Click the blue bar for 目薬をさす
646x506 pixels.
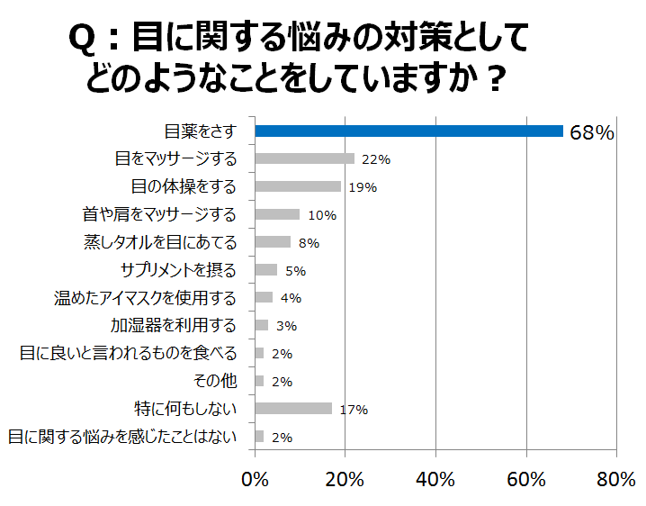pyautogui.click(x=409, y=131)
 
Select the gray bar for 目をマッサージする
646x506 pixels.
pyautogui.click(x=305, y=159)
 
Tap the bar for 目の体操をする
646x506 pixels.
pyautogui.click(x=298, y=187)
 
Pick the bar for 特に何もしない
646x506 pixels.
pyautogui.click(x=293, y=409)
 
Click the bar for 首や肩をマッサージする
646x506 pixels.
pyautogui.click(x=278, y=214)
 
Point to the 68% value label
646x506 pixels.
pyautogui.click(x=592, y=133)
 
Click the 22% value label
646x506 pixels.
pyautogui.click(x=375, y=160)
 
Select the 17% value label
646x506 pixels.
pyautogui.click(x=354, y=410)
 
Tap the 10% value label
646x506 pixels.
pyautogui.click(x=321, y=215)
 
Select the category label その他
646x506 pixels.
pyautogui.click(x=215, y=381)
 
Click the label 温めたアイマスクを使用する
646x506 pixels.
pyautogui.click(x=146, y=298)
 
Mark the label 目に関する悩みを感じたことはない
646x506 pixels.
pyautogui.click(x=122, y=437)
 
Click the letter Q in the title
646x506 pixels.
pyautogui.click(x=83, y=41)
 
